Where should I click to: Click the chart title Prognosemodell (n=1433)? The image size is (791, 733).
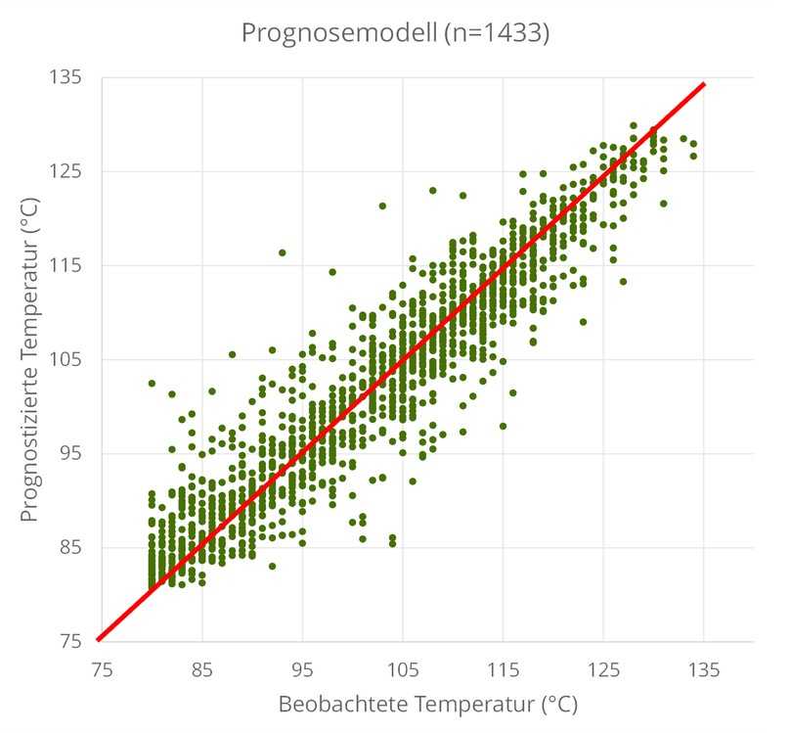tap(394, 32)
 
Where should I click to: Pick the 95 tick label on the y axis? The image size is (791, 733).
tap(72, 453)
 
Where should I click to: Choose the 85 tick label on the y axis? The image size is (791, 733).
tap(72, 547)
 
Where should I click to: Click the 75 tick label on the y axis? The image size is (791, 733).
tap(72, 641)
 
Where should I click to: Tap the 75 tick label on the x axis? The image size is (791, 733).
tap(102, 670)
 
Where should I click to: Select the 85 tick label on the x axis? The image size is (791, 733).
tap(202, 670)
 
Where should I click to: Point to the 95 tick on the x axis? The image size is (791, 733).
tap(302, 670)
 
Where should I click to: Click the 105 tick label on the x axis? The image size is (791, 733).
tap(403, 670)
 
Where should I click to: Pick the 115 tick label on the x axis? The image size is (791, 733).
tap(503, 670)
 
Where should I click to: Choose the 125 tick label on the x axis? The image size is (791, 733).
tap(603, 670)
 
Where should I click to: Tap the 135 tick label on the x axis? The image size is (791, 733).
tap(704, 670)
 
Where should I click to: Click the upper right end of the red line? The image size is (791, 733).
tap(704, 84)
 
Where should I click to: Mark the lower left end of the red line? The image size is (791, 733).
tap(98, 640)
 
